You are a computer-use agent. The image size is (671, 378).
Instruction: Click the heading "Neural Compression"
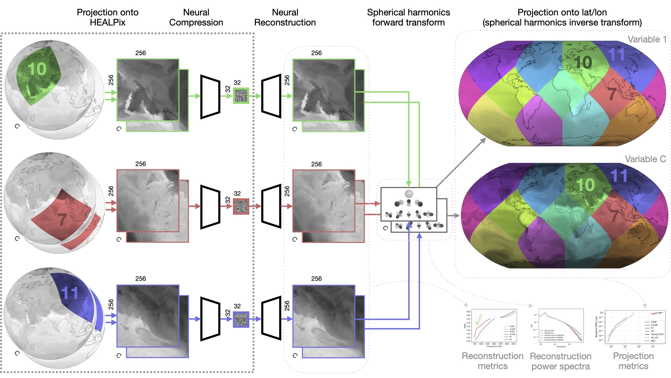(196, 17)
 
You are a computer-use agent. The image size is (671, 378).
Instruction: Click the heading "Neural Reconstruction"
(285, 17)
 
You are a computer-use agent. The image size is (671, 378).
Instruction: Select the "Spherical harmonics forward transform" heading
(408, 17)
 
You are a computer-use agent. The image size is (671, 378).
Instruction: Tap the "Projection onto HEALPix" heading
(107, 17)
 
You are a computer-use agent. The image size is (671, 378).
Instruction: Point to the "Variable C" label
(645, 159)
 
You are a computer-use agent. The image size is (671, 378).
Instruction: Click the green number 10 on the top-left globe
(37, 69)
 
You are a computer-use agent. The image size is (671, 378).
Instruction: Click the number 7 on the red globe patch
(62, 220)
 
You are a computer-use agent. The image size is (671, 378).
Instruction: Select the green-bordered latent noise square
(241, 96)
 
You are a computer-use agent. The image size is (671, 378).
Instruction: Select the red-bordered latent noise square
(241, 206)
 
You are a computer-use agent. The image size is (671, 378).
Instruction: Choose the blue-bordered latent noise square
(241, 319)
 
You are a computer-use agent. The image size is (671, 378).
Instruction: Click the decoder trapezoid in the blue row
(271, 318)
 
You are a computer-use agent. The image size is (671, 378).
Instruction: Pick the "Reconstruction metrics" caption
(492, 361)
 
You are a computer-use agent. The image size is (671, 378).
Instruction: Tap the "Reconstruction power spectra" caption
(561, 361)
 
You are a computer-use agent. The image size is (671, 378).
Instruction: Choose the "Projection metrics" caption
(633, 361)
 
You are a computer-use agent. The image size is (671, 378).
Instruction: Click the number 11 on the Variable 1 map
(616, 55)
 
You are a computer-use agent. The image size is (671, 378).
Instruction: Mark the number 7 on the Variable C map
(614, 216)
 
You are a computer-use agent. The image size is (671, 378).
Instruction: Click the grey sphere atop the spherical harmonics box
(409, 194)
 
